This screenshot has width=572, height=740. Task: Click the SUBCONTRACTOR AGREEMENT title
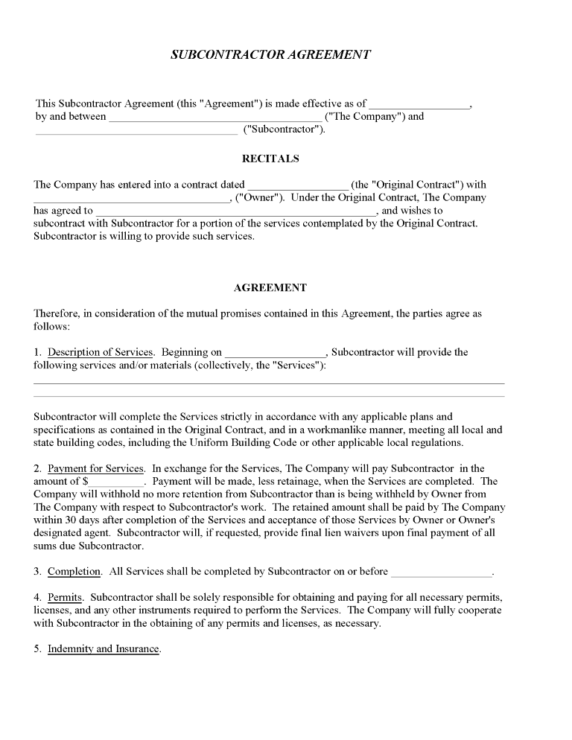270,55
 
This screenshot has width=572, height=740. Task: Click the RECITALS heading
270,159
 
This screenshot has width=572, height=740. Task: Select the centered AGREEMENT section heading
270,287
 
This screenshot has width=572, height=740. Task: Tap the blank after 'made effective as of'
419,105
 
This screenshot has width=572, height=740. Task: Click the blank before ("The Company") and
215,118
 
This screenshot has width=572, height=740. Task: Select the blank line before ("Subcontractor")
136,130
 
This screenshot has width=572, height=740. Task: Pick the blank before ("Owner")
132,199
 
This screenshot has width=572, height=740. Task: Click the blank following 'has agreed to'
236,211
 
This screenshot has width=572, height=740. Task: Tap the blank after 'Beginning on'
275,354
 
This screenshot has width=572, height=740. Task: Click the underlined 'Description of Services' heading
101,352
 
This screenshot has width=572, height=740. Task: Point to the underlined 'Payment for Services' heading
95,468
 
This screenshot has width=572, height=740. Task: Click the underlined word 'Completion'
74,572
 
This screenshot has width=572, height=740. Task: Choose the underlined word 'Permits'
66,597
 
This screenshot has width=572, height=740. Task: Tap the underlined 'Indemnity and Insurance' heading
104,648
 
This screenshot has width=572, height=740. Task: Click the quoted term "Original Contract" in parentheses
417,185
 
